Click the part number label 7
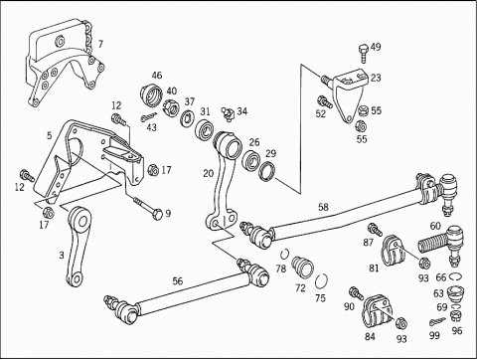[x=100, y=44]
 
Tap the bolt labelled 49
[x=364, y=53]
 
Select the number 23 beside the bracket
[x=376, y=78]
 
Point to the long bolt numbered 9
[x=148, y=208]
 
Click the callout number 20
[x=209, y=173]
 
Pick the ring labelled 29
[x=266, y=172]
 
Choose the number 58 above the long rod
[x=323, y=208]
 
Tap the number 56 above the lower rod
[x=178, y=281]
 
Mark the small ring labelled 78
[x=284, y=254]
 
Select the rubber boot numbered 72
[x=302, y=267]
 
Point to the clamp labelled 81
[x=395, y=250]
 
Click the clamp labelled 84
[x=377, y=310]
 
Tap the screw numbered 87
[x=375, y=229]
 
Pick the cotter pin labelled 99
[x=438, y=321]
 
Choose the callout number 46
[x=157, y=76]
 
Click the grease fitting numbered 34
[x=229, y=112]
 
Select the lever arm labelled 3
[x=79, y=246]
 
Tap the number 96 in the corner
[x=456, y=330]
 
